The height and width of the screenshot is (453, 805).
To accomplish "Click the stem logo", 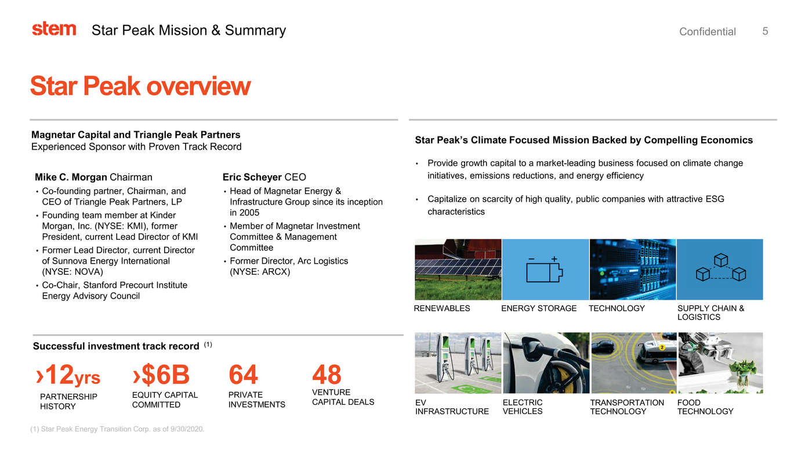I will tap(54, 29).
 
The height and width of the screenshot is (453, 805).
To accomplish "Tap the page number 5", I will tap(765, 31).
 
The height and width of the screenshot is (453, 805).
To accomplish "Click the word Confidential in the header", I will tap(707, 32).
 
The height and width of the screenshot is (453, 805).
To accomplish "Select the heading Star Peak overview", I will tap(140, 86).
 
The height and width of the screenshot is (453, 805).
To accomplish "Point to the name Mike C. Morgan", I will tap(71, 177).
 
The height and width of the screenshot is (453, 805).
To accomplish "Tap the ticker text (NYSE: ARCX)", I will tap(260, 272).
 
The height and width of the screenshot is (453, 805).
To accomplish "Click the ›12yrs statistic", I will tap(68, 376).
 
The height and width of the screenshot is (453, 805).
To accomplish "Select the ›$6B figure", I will tap(161, 376).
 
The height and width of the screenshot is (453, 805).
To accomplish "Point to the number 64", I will tap(244, 376).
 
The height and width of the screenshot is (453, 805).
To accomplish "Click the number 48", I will tap(327, 376).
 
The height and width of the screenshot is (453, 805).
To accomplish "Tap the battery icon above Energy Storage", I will tap(545, 270).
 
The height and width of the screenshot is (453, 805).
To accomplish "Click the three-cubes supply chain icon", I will tap(720, 268).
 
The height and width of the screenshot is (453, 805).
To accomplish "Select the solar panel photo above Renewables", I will tap(458, 269).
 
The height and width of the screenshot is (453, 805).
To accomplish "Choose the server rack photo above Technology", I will tap(632, 269).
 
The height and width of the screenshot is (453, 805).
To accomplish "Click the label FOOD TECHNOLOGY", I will tap(705, 407).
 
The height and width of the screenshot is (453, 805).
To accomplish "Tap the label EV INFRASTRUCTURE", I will tap(452, 407).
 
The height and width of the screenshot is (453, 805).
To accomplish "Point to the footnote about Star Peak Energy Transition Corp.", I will tap(117, 429).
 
